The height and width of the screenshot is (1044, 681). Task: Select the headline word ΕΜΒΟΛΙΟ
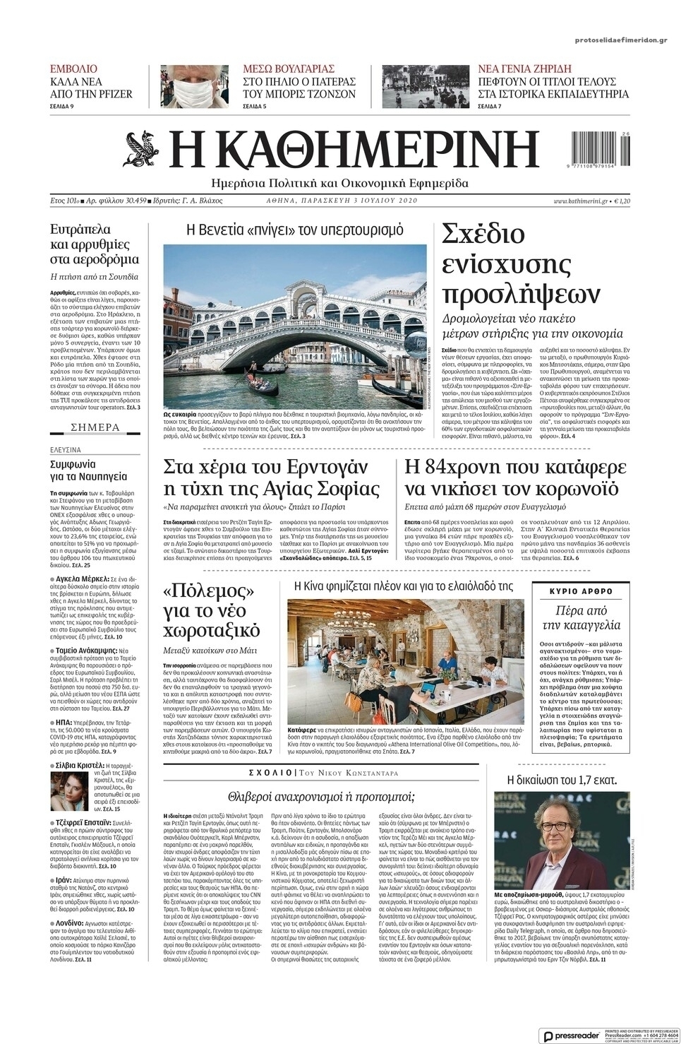point(73,69)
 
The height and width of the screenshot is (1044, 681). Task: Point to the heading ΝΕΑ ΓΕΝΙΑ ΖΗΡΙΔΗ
point(524,69)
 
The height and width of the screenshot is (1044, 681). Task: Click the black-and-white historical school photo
point(425,85)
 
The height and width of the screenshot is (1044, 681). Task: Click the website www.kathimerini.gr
point(580,201)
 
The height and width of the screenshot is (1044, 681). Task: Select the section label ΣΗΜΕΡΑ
point(95,427)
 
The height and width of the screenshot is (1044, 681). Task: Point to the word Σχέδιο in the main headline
point(483,234)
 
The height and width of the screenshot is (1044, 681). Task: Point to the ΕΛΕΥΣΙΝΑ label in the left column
point(66,449)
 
